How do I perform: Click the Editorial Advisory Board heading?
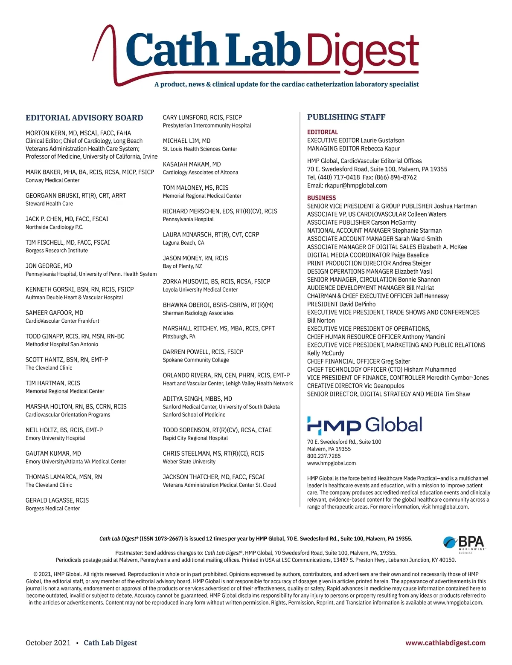(x=84, y=118)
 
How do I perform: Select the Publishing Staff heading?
(x=346, y=117)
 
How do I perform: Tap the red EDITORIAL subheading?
(x=322, y=132)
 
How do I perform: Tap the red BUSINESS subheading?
(x=321, y=198)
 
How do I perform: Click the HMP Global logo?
(x=364, y=425)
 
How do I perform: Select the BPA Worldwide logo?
(x=464, y=544)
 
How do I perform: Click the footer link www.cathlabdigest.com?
(x=445, y=643)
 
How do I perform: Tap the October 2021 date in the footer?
(x=48, y=643)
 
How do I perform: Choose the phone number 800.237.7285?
(x=324, y=456)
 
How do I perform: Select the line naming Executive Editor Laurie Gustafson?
(x=355, y=140)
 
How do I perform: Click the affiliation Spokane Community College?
(x=195, y=360)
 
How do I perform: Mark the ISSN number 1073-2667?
(x=167, y=539)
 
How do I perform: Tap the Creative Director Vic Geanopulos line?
(x=355, y=386)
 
